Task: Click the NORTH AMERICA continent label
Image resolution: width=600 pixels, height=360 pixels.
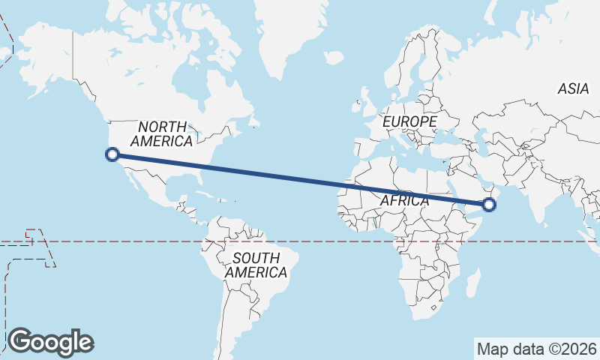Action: point(161,133)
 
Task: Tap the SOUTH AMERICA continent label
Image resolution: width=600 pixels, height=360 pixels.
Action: point(256,265)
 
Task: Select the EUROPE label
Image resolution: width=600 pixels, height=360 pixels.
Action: point(409,121)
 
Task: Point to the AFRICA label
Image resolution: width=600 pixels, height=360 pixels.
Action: point(404,201)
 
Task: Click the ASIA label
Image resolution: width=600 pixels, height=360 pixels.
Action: point(573,88)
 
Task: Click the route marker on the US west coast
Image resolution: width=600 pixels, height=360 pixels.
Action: point(112,155)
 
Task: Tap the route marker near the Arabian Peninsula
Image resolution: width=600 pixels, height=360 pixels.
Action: point(490,203)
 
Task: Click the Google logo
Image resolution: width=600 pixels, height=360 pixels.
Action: point(49,341)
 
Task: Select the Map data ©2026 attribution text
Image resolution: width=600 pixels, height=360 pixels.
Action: point(536,349)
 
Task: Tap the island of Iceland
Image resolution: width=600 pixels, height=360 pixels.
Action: point(332,58)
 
